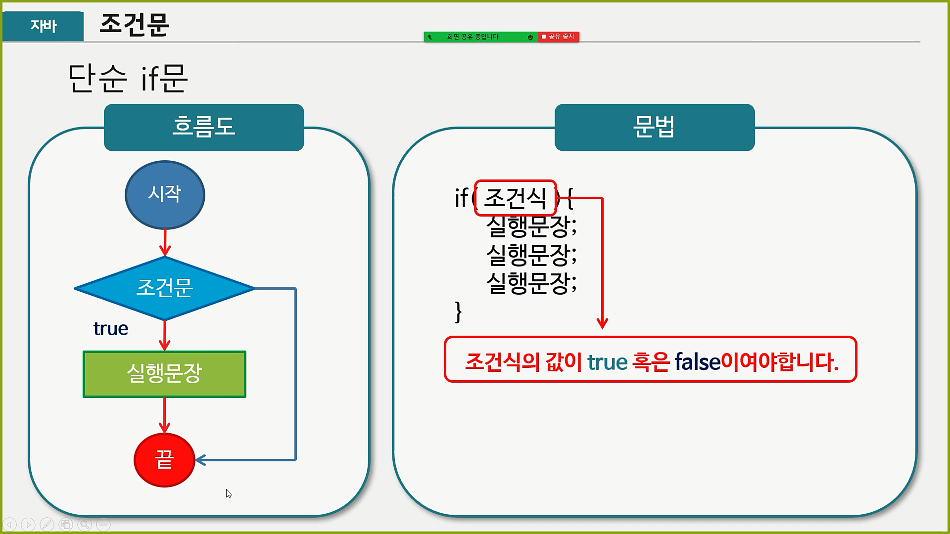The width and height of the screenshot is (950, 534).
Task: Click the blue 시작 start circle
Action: [x=165, y=195]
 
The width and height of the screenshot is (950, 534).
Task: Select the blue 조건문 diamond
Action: [x=165, y=288]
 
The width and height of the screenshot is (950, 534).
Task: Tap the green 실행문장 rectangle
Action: [x=164, y=374]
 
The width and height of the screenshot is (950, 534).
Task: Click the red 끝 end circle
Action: [x=164, y=460]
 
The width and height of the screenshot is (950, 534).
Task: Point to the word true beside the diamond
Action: [x=111, y=329]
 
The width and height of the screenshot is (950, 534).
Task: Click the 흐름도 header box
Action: [x=204, y=127]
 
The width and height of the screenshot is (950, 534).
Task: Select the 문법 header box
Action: [x=654, y=127]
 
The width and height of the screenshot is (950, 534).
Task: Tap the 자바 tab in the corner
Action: [x=43, y=26]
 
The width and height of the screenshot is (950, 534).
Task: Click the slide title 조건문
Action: [x=134, y=25]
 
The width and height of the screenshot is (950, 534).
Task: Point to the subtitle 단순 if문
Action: [x=128, y=78]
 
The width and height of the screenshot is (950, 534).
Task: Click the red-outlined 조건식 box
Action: [x=515, y=198]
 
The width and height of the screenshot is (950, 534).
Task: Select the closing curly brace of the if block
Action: [x=459, y=312]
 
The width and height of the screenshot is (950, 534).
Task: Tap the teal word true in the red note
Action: [x=607, y=362]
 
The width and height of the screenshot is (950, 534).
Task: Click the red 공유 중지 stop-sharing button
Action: [x=559, y=37]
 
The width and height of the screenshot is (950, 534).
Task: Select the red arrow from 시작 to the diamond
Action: [x=165, y=243]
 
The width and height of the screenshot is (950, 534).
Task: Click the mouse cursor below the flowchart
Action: [x=229, y=493]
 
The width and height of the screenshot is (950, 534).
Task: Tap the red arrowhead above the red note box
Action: [x=602, y=323]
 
